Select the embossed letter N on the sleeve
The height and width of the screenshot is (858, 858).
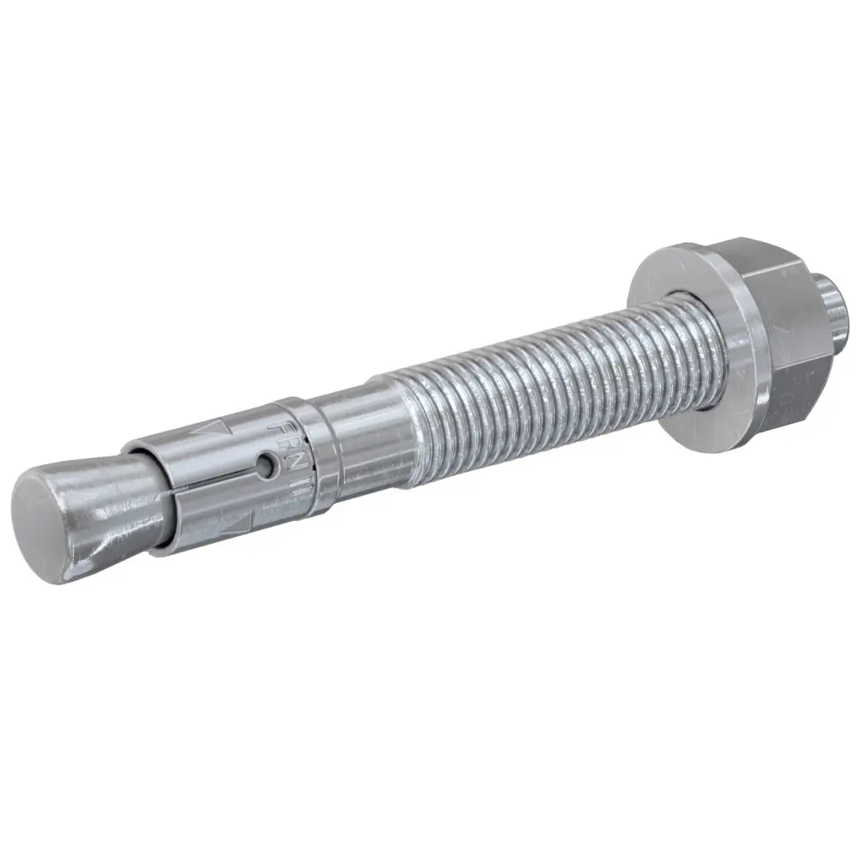[293, 466]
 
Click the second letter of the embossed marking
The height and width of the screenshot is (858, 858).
[285, 446]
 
